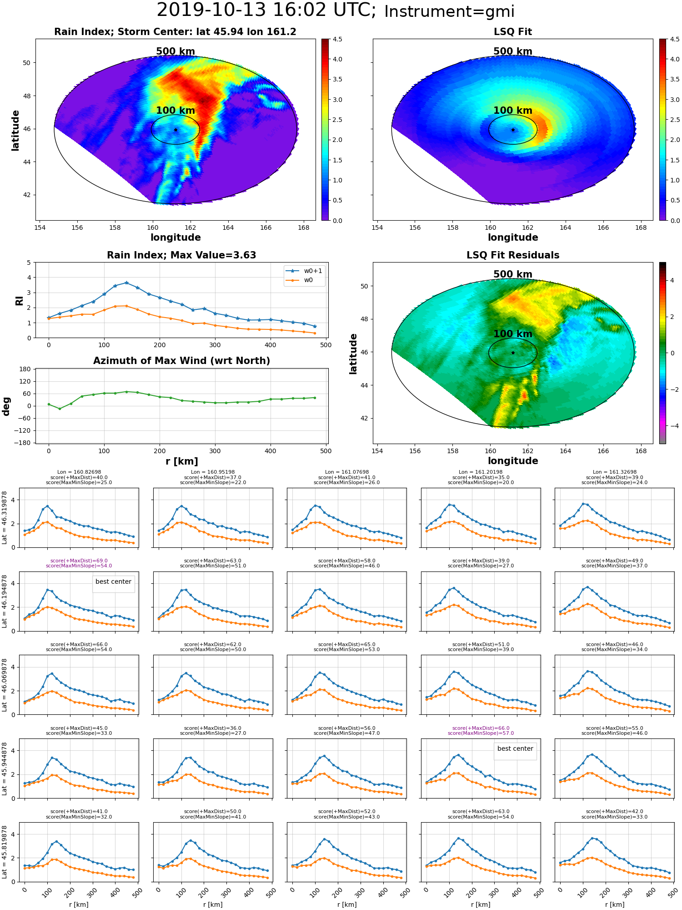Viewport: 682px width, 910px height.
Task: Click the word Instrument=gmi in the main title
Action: (449, 12)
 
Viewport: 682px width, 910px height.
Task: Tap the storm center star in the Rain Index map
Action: (176, 130)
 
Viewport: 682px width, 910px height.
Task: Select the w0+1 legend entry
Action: (304, 271)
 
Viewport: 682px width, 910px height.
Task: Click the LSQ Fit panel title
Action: (513, 32)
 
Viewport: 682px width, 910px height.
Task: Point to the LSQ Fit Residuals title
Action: (513, 255)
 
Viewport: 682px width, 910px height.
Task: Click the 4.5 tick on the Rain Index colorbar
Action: (337, 39)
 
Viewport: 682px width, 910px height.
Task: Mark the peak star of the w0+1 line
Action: (126, 283)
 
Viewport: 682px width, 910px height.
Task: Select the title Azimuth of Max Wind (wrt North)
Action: (182, 361)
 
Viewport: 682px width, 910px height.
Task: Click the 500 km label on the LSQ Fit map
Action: (513, 51)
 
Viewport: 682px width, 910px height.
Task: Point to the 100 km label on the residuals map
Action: (513, 334)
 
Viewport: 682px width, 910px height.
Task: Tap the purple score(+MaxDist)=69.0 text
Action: (79, 561)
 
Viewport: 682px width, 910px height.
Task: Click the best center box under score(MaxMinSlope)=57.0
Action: (515, 748)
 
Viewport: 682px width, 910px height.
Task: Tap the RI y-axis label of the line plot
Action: (20, 301)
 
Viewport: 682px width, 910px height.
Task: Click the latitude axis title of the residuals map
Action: (353, 354)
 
